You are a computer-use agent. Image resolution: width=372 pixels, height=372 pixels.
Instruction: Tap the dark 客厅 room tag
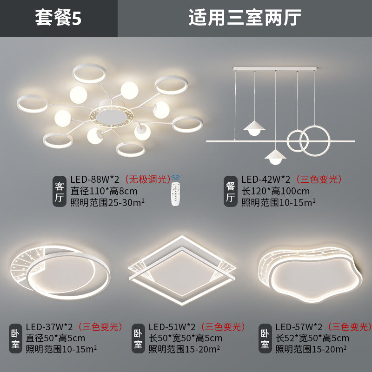(59, 192)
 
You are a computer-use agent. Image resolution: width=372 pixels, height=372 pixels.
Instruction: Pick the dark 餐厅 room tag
(231, 192)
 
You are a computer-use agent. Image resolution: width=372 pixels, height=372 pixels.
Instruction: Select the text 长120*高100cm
(275, 191)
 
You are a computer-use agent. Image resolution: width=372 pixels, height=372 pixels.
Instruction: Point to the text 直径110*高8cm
(104, 191)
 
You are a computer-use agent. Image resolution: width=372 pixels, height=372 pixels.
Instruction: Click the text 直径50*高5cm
(55, 338)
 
